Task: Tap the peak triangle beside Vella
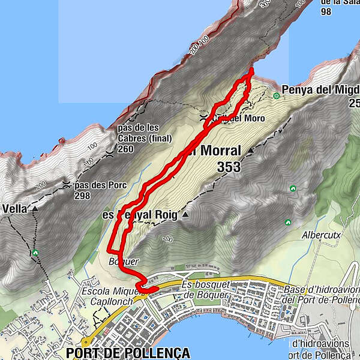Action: pyautogui.click(x=35, y=209)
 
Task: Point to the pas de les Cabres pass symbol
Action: pyautogui.click(x=109, y=153)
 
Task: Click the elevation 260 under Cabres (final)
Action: pyautogui.click(x=125, y=149)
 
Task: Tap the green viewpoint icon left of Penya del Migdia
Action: pyautogui.click(x=277, y=95)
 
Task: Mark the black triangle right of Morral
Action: pyautogui.click(x=250, y=150)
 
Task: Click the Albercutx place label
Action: pyautogui.click(x=322, y=235)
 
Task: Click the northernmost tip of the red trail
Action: pyautogui.click(x=251, y=70)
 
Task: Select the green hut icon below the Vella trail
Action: pyautogui.click(x=36, y=253)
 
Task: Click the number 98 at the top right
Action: pyautogui.click(x=310, y=11)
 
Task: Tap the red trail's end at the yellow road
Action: pyautogui.click(x=155, y=289)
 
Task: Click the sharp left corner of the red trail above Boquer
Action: pyautogui.click(x=109, y=249)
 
